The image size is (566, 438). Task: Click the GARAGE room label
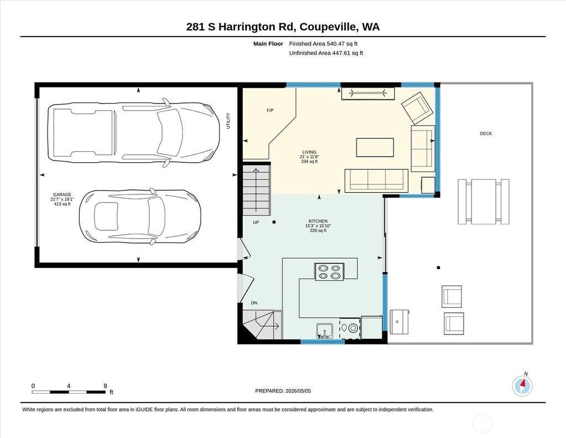(62, 194)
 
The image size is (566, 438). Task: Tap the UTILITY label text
(228, 121)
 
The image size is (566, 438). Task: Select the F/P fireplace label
(270, 110)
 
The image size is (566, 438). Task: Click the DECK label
(486, 133)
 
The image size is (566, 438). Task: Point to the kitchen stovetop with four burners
(329, 272)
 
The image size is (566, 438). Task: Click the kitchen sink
(324, 331)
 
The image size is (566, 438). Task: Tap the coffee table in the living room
(375, 147)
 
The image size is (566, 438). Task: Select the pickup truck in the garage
(134, 132)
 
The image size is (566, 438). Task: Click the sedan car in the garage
(140, 217)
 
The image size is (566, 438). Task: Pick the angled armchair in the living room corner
(417, 108)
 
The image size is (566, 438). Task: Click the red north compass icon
(522, 386)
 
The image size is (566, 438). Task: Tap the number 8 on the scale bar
(106, 386)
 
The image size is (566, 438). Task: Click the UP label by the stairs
(256, 223)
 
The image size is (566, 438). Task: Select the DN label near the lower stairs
(254, 303)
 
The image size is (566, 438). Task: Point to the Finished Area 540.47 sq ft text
(323, 44)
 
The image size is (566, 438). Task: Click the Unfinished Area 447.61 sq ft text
(326, 53)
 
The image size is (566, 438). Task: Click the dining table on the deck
(484, 202)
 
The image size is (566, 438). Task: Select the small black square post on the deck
(438, 267)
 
